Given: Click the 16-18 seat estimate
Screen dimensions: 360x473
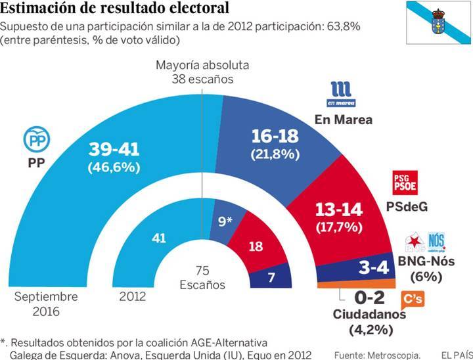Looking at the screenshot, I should point(275,136).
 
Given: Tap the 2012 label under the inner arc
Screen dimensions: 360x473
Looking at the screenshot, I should point(133,296).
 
